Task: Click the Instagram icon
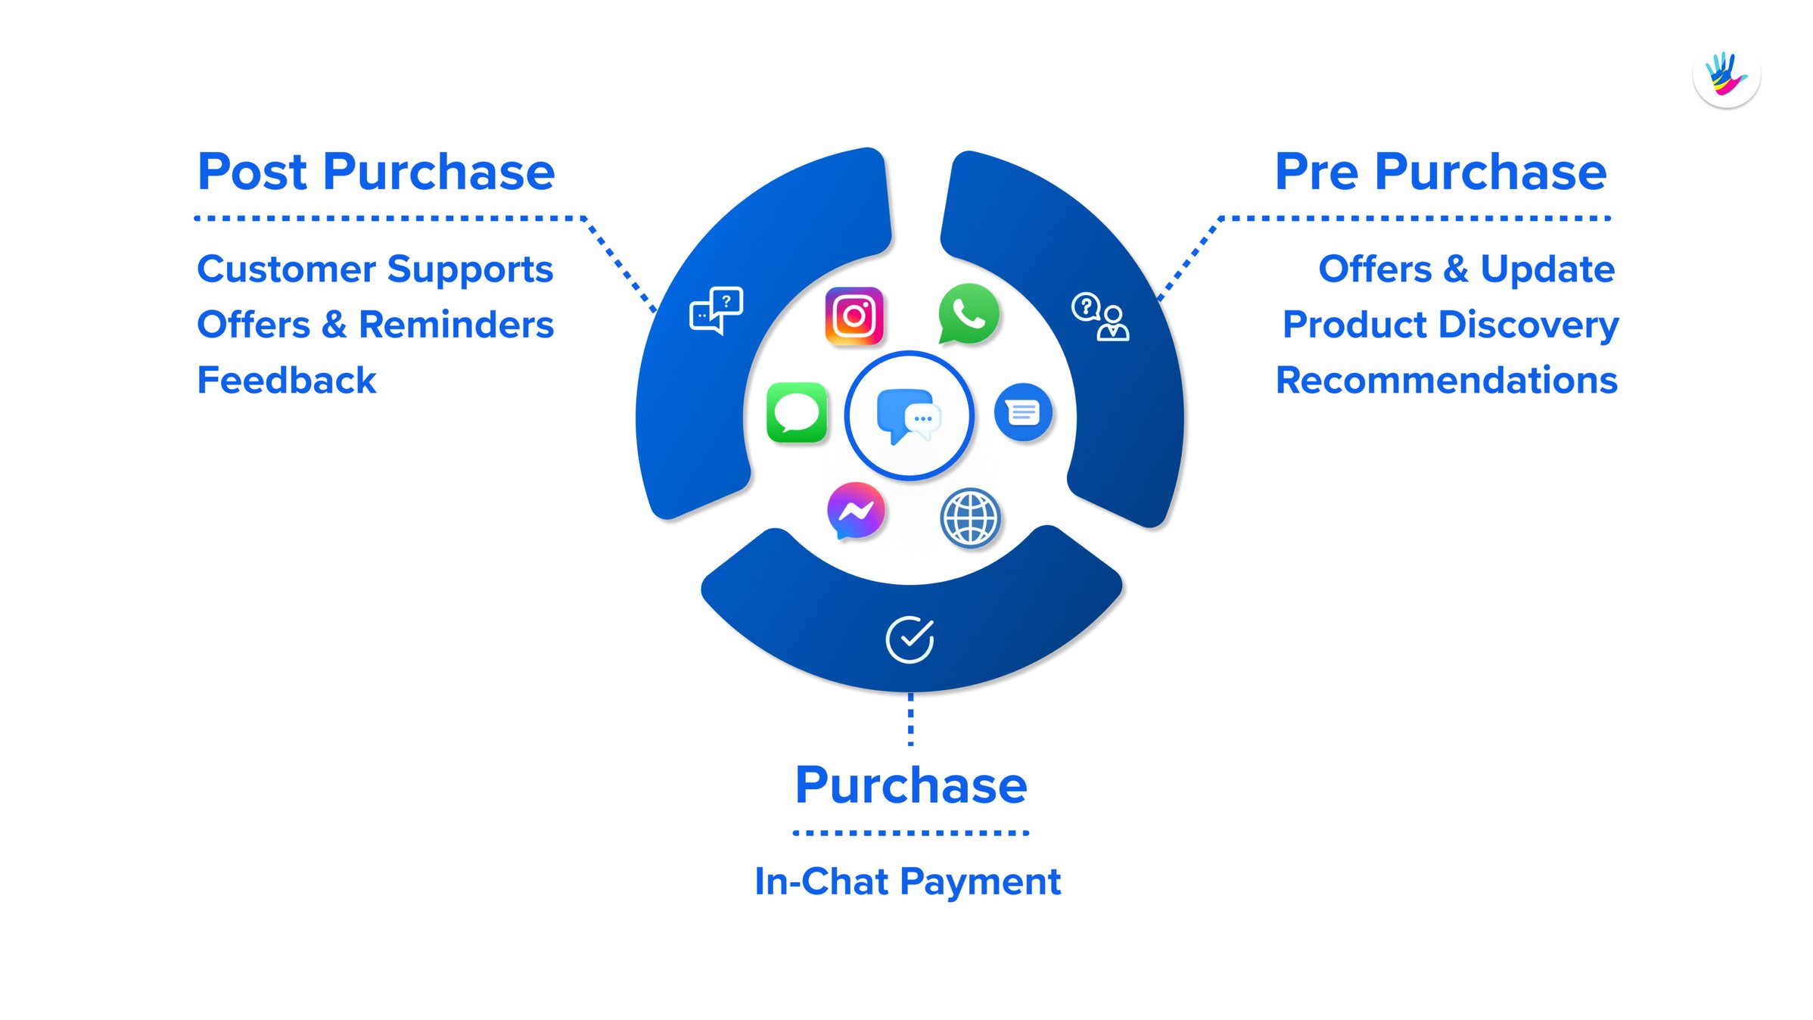854,316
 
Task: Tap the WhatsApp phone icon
969,313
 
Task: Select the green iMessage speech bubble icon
797,413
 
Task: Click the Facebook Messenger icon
856,511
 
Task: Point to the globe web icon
970,518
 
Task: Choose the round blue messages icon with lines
1023,412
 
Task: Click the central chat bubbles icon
909,415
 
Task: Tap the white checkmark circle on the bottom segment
910,639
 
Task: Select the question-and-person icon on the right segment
1100,317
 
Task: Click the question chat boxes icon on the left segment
716,309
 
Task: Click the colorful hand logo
1726,75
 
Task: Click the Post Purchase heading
376,172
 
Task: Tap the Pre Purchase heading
1441,172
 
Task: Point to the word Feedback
286,380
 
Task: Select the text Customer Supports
375,269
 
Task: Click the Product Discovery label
1451,325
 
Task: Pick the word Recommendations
1447,380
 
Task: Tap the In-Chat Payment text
908,882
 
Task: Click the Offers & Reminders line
375,325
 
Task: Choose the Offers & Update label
1466,269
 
